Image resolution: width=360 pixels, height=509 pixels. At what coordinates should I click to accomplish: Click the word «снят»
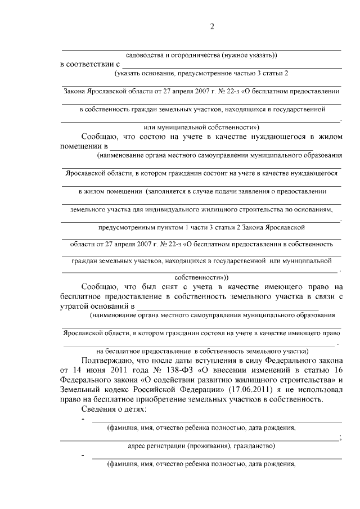pos(167,286)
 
